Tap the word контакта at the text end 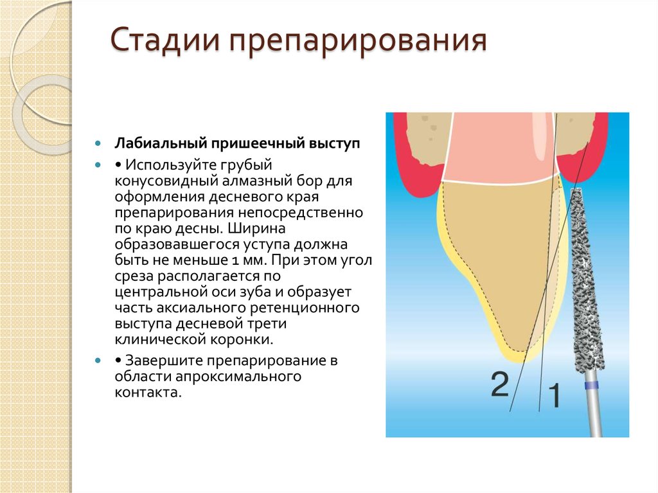pos(146,391)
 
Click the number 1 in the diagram pos(553,396)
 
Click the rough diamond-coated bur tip pos(584,276)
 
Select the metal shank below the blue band pos(594,415)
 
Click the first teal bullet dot pos(98,143)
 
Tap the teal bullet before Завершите pos(98,360)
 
